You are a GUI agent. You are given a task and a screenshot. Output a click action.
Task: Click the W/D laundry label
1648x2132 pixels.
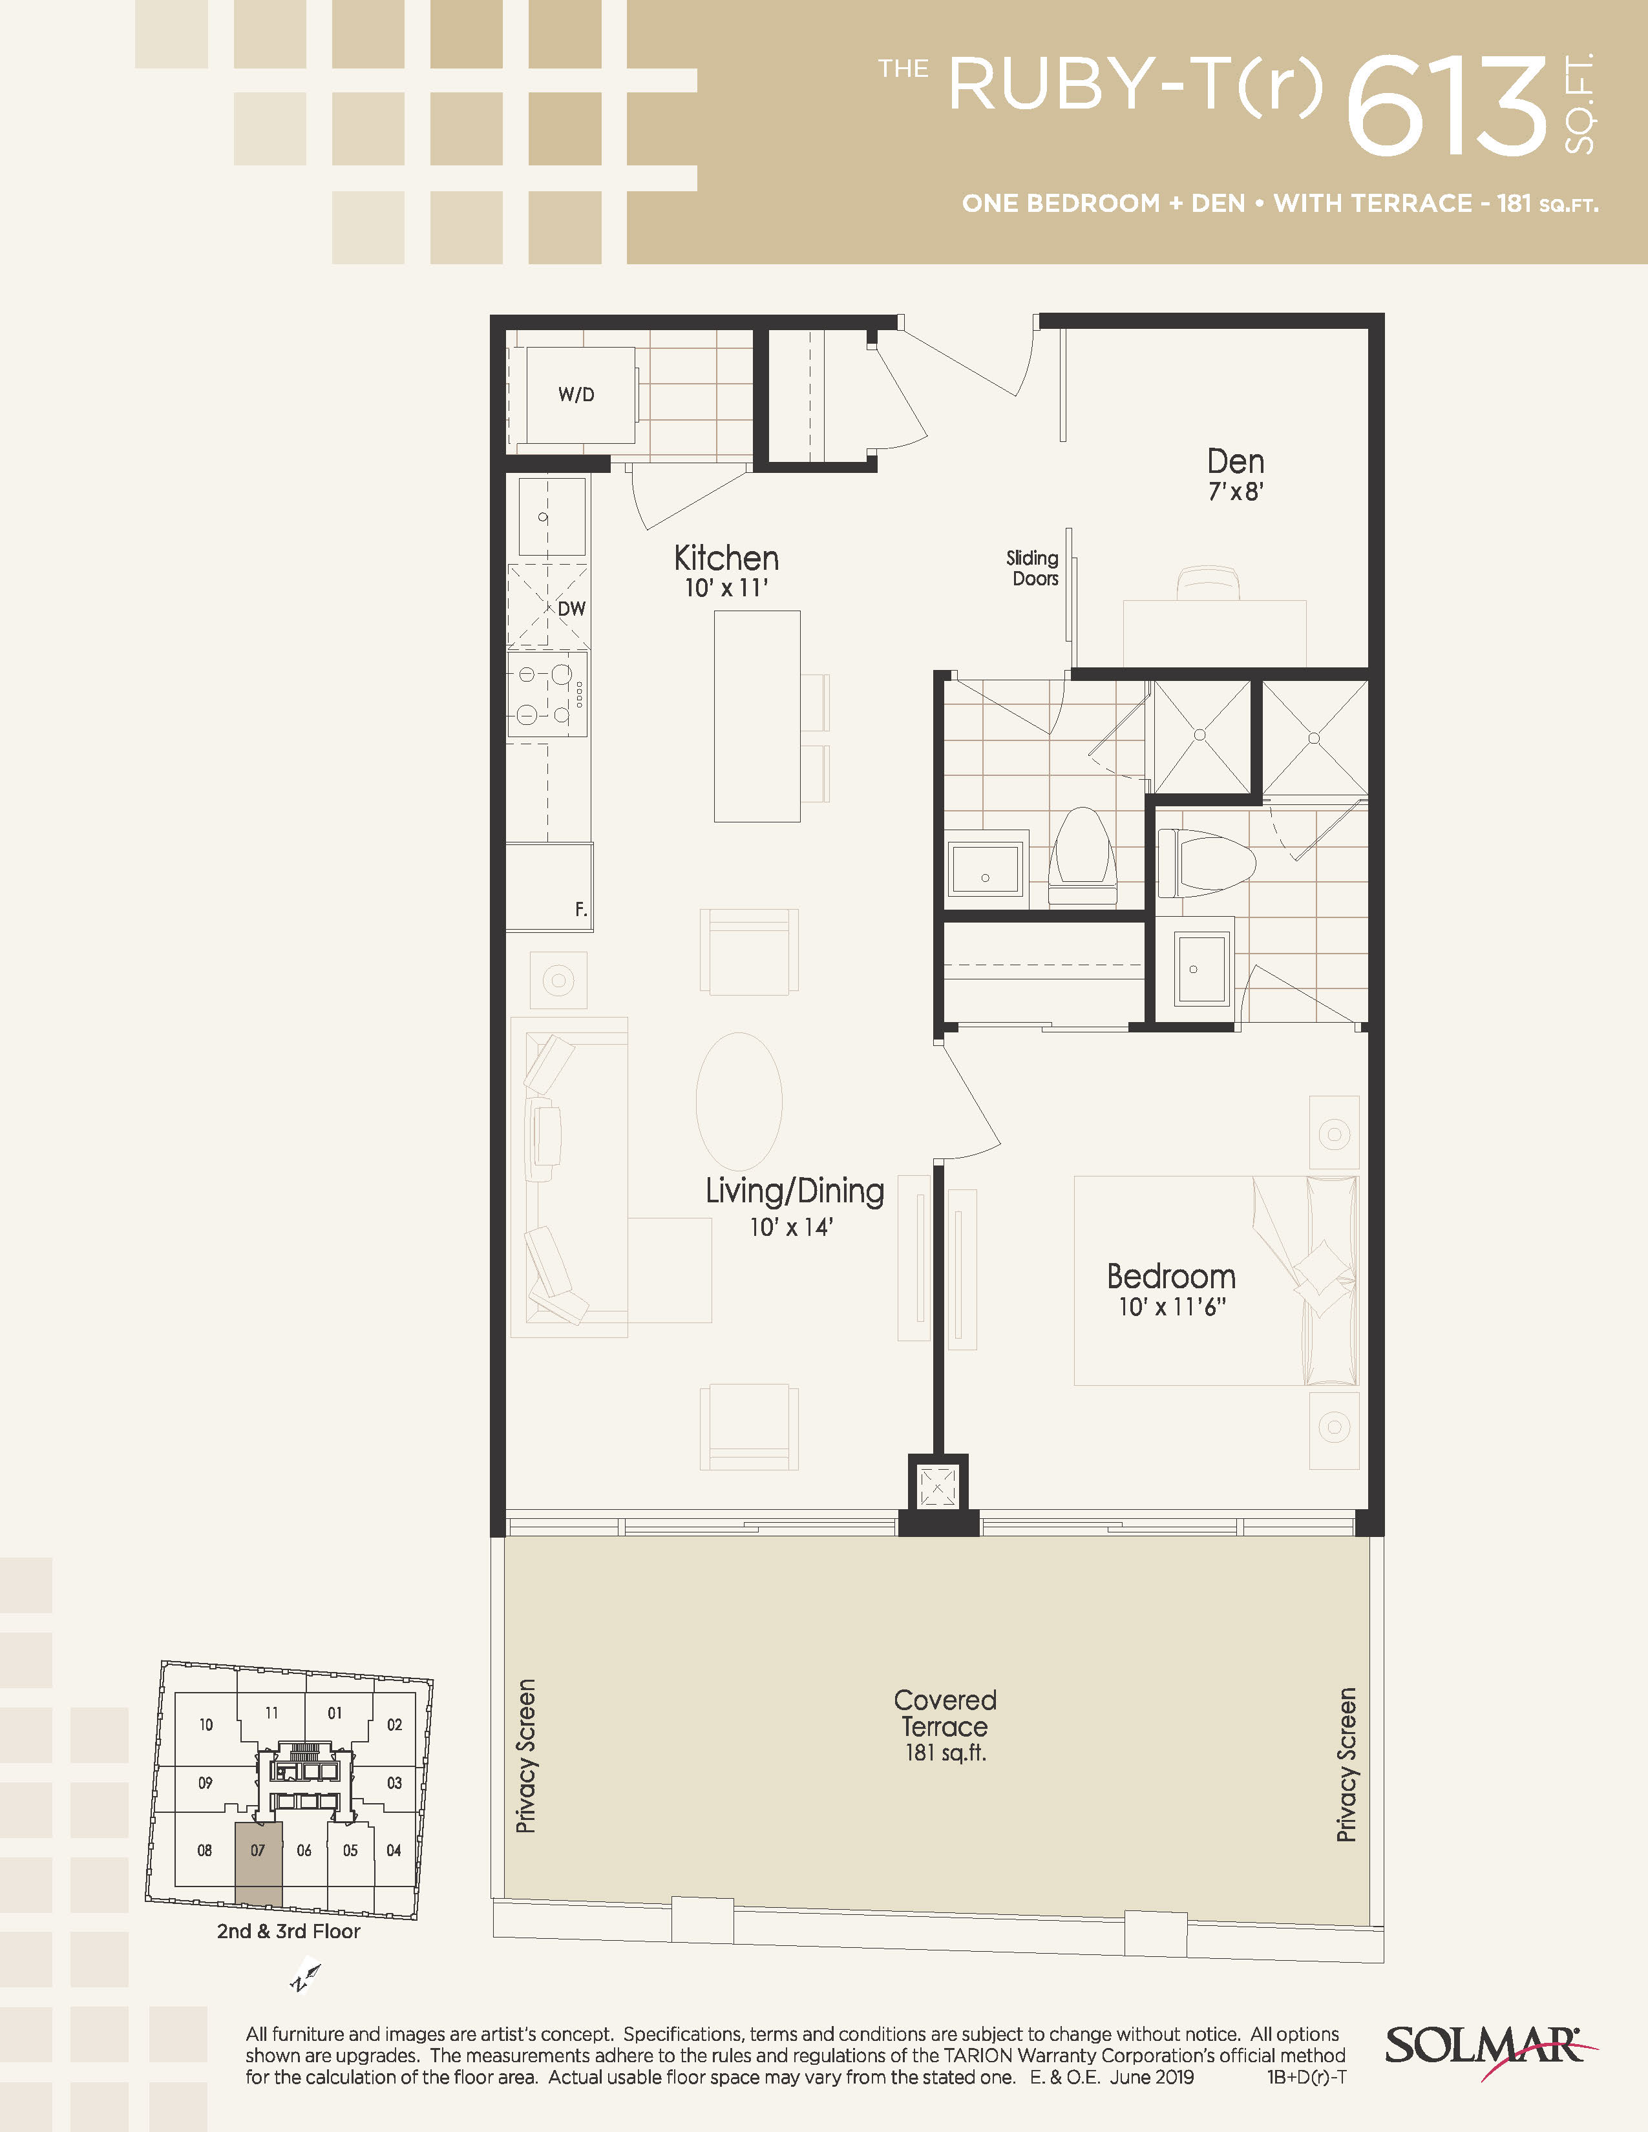576,394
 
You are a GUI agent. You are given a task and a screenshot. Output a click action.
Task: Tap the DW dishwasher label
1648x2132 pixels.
572,608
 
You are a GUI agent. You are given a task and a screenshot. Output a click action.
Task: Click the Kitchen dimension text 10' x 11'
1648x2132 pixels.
726,588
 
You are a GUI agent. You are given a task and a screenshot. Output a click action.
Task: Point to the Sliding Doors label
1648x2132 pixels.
1033,568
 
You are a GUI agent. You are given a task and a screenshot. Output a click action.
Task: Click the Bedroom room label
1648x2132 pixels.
1170,1276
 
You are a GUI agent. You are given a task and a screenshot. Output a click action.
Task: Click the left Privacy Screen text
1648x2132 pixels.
525,1756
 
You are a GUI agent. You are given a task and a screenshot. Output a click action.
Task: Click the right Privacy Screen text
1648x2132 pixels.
1346,1765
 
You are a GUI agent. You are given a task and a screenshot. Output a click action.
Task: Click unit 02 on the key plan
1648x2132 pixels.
394,1725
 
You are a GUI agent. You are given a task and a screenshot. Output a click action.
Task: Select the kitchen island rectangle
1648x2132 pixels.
757,716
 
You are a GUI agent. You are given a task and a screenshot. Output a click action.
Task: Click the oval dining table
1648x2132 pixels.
739,1101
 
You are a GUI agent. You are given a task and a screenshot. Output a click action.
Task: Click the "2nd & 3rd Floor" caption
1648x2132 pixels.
289,1931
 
